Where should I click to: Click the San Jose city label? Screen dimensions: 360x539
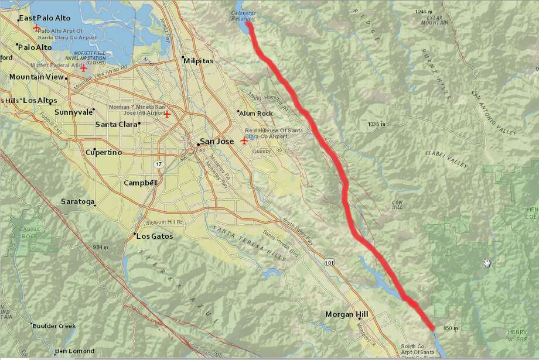click(217, 141)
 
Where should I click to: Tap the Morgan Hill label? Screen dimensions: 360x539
click(347, 314)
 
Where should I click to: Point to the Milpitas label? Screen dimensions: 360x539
click(198, 61)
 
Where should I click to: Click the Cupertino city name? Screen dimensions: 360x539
click(104, 152)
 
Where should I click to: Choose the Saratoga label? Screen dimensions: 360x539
click(78, 201)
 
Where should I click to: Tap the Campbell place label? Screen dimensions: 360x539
click(141, 183)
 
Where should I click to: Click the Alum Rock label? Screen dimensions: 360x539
click(258, 113)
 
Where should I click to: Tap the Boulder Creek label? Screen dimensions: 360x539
click(54, 326)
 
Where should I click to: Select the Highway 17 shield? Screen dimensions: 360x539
click(159, 164)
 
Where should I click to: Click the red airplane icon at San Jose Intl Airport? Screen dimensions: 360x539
click(167, 114)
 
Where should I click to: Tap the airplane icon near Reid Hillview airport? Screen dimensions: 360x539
click(244, 140)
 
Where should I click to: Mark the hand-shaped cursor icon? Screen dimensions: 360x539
click(486, 263)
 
